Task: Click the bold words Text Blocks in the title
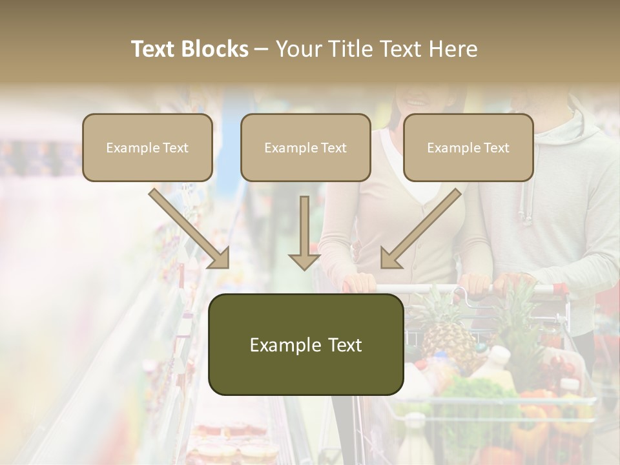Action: click(189, 49)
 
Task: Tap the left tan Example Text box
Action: click(147, 147)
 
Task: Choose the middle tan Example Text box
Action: click(305, 147)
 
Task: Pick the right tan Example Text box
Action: click(468, 147)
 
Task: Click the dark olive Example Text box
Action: click(305, 344)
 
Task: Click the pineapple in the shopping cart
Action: click(446, 336)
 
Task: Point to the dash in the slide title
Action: click(262, 49)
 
